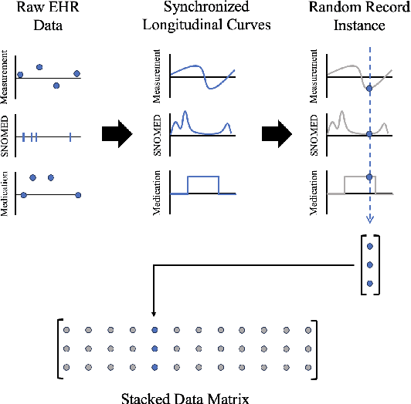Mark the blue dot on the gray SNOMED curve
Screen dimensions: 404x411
click(369, 135)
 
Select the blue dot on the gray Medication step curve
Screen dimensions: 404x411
click(369, 177)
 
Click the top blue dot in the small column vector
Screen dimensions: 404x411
click(370, 247)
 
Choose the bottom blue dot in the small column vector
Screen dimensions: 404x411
click(370, 284)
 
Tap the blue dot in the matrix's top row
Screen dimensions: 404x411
click(155, 330)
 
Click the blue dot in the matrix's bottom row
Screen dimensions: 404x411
click(155, 366)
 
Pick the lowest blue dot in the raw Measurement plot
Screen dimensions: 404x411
click(56, 85)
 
